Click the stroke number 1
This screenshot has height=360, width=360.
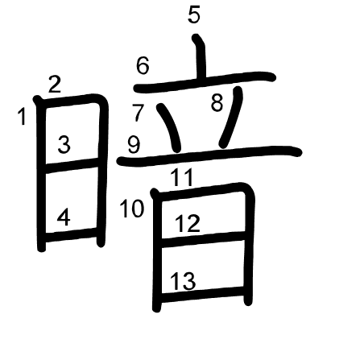coord(22,116)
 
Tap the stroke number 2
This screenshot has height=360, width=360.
coord(55,85)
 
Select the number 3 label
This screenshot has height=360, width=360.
coord(64,145)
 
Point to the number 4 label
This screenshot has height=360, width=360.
coord(64,217)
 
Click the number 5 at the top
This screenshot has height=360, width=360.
coord(194,14)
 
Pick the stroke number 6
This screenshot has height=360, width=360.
coord(143,66)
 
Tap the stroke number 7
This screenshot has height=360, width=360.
coord(139,113)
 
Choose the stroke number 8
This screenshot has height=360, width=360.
coord(217,102)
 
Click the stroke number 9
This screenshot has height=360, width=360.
coord(134,145)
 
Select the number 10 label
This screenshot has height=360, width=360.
coord(131,209)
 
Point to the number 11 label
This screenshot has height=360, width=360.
coord(182,177)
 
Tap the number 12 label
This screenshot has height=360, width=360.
coord(188,223)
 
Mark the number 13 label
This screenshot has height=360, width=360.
coord(183,281)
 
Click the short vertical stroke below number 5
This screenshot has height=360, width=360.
coord(201,57)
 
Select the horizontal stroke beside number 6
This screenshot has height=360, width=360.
coord(205,82)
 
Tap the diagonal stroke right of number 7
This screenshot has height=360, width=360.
coord(170,128)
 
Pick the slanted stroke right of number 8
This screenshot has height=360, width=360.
coord(231,117)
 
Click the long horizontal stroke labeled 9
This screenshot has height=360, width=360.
coord(209,155)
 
